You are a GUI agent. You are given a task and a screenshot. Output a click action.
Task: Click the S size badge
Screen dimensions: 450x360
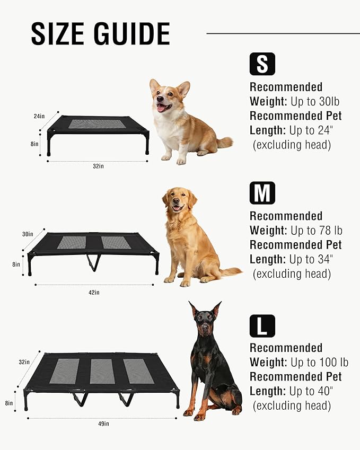coord(262,64)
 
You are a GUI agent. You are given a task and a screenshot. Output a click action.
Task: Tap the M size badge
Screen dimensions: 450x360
coord(262,193)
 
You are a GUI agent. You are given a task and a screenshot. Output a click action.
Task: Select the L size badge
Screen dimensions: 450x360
coord(262,325)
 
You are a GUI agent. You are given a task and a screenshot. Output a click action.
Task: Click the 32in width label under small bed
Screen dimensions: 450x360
coord(98,166)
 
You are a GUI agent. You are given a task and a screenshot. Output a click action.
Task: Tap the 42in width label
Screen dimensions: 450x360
coord(94,292)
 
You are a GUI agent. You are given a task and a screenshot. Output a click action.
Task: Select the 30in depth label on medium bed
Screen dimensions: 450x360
coord(28,234)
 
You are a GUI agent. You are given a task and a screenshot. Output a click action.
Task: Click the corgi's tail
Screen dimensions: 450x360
coord(225,142)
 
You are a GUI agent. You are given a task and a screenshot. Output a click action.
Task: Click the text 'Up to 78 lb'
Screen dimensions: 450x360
coord(316,231)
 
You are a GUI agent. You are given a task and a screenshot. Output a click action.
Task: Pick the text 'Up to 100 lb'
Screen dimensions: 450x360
coord(319,363)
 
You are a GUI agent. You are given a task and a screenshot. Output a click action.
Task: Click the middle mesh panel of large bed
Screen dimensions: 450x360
coord(102,371)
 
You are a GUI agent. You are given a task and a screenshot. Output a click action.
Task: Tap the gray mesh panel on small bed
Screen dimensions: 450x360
coord(98,123)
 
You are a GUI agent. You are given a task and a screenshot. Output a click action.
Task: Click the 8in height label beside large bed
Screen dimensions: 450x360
coord(9,403)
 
